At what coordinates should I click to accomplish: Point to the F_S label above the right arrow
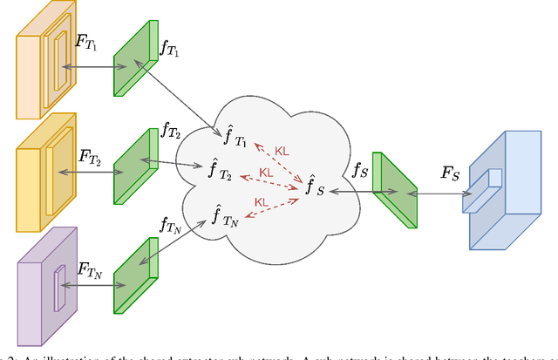pyautogui.click(x=452, y=173)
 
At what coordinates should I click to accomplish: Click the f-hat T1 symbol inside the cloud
pyautogui.click(x=231, y=136)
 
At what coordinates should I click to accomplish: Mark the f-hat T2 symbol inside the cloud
pyautogui.click(x=220, y=171)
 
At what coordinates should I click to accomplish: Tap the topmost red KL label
pyautogui.click(x=282, y=151)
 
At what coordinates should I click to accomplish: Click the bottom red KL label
pyautogui.click(x=262, y=202)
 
